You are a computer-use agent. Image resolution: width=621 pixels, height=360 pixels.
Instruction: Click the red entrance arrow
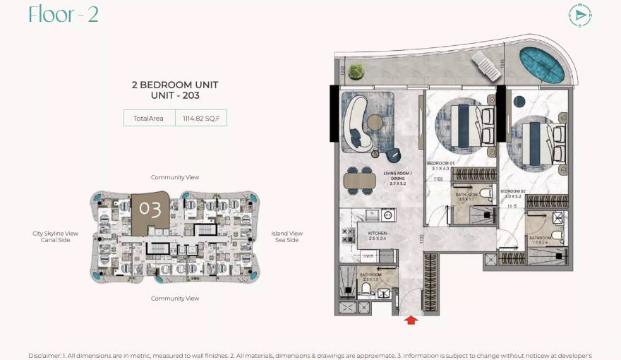tap(411, 320)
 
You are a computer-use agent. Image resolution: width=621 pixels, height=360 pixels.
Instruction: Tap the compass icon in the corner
tap(580, 16)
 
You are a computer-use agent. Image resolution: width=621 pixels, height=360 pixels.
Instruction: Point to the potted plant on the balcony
tap(356, 70)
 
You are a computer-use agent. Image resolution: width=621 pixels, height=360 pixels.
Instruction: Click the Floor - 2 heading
tap(64, 14)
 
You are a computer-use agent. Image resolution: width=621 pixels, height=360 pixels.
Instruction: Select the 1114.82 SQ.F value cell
tap(201, 119)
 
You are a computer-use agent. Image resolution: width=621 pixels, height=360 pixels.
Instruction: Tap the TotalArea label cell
tap(150, 119)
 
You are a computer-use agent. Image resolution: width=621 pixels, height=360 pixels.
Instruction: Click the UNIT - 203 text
tap(175, 95)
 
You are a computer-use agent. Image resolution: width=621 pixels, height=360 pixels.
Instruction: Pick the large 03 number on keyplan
tap(150, 210)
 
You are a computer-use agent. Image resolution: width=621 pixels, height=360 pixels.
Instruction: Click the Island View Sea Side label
tap(287, 236)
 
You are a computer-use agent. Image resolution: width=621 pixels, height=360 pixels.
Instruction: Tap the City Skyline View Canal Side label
tap(55, 236)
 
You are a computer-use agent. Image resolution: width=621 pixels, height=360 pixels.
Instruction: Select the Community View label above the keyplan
tap(175, 177)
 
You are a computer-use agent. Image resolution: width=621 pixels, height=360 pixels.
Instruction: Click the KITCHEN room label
tap(377, 232)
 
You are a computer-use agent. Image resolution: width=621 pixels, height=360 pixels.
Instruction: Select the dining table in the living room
tap(361, 180)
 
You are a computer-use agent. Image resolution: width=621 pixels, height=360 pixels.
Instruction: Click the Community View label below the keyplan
tap(175, 299)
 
